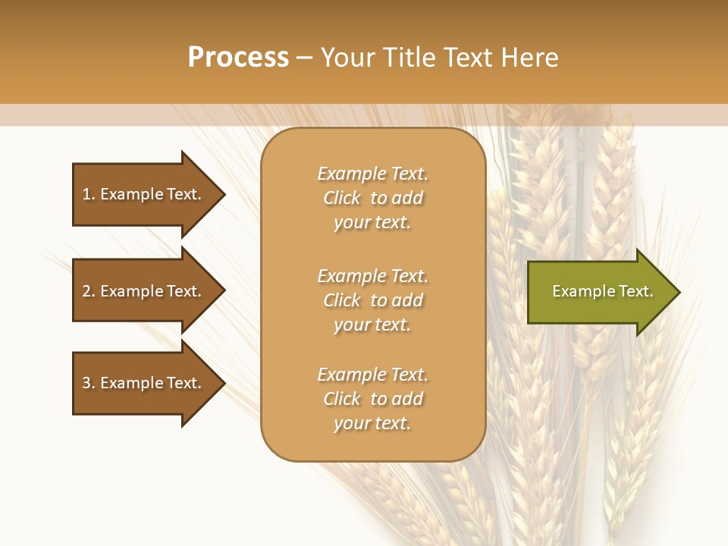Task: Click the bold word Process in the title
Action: tap(238, 58)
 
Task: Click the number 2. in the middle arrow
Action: tap(89, 291)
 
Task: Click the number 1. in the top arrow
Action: tap(89, 194)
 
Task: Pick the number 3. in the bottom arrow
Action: tap(89, 383)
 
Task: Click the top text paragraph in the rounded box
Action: tap(372, 198)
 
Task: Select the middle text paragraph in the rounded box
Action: tap(372, 300)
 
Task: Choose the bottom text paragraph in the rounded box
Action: tap(372, 399)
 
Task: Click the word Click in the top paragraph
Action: tap(341, 198)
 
